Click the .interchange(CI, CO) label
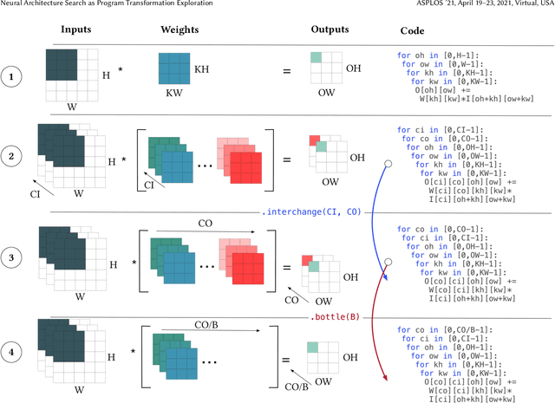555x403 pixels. pos(311,212)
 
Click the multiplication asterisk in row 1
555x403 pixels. pos(121,66)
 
